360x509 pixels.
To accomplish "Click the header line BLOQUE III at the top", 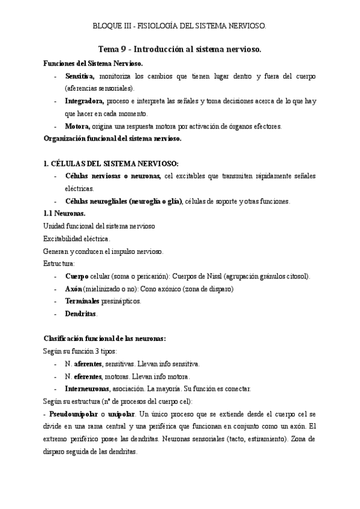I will tap(179, 26).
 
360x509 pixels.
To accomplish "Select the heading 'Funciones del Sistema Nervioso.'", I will tap(94, 63).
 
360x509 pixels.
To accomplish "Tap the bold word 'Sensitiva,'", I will tap(80, 77).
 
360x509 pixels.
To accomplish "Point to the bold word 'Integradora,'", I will tap(85, 101).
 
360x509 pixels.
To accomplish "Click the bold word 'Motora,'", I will tap(77, 126).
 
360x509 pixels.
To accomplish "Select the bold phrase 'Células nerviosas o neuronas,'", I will tap(113, 176).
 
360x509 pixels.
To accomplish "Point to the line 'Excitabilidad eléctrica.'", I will tap(77, 238).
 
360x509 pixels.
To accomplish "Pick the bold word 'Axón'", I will tap(75, 289).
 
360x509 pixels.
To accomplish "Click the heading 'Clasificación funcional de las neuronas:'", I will tap(105, 339).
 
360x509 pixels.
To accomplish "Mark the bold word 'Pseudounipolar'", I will tap(74, 414).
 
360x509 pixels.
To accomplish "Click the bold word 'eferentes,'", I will tap(88, 376).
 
